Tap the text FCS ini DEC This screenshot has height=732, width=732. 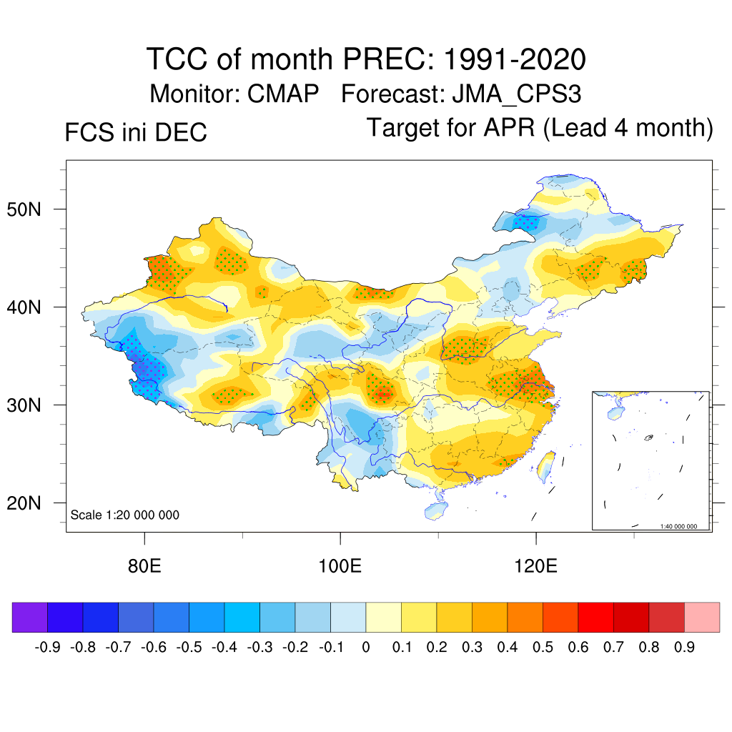pos(136,132)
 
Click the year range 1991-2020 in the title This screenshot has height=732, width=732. pos(515,59)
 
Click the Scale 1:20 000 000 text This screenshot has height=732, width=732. pos(125,515)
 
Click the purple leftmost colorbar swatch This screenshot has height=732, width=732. pos(30,618)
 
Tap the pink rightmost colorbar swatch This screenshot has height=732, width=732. pos(702,618)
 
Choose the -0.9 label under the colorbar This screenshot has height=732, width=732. pos(47,648)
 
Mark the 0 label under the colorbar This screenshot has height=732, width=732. pos(366,648)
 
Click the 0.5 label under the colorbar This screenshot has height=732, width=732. pos(543,648)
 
